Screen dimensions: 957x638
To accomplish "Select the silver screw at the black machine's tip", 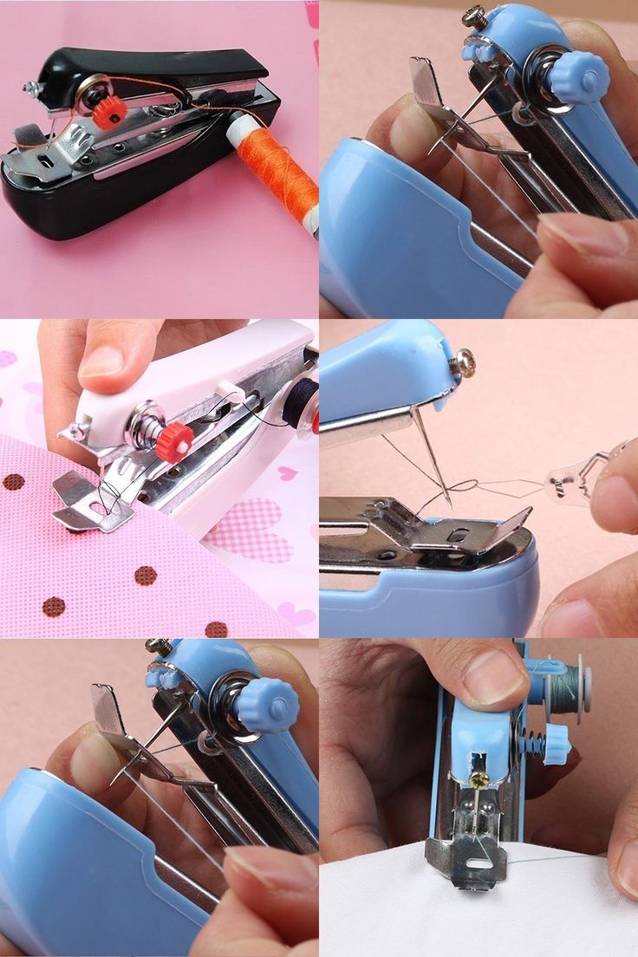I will [29, 88].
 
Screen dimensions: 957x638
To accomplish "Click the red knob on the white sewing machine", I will [174, 442].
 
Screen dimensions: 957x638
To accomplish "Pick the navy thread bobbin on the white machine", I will [303, 395].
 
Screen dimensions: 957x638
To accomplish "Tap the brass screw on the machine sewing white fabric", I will [478, 779].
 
